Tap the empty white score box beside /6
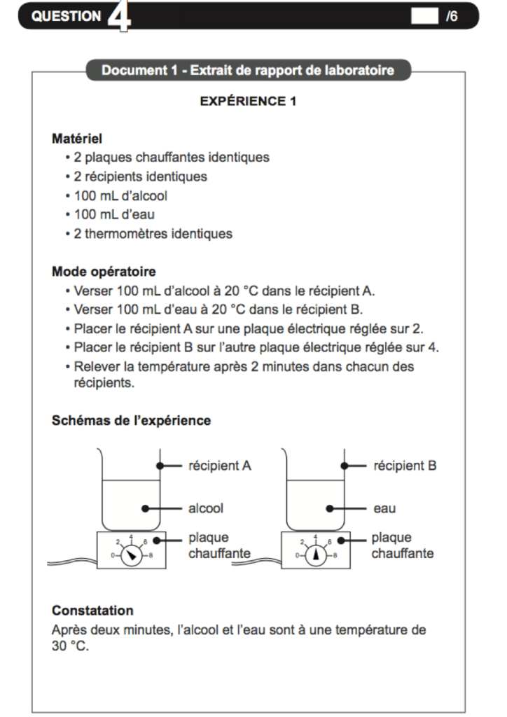(x=424, y=16)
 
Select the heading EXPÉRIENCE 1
(x=248, y=102)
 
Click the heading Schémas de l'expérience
(x=132, y=421)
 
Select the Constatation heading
(x=92, y=611)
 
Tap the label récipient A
(x=219, y=466)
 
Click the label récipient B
(x=405, y=466)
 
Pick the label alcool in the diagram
(x=206, y=508)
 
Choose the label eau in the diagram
(x=384, y=508)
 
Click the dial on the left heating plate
(x=131, y=555)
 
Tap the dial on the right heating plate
(x=316, y=555)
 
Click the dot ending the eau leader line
(x=328, y=508)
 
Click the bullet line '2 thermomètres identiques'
(x=153, y=234)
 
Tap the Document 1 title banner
(x=248, y=70)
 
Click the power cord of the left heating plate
(x=70, y=561)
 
